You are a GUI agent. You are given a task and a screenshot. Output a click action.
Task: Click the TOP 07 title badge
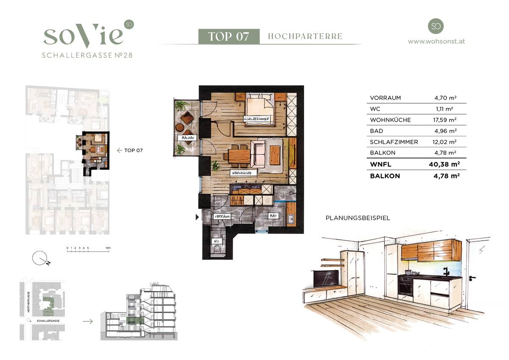(228, 37)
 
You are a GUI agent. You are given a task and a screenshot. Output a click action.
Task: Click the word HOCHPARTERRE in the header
(305, 37)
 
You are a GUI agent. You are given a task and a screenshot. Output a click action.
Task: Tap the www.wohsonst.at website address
(436, 42)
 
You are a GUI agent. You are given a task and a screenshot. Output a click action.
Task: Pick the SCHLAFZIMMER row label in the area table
(394, 142)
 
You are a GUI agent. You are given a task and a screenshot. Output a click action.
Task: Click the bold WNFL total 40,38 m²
(445, 164)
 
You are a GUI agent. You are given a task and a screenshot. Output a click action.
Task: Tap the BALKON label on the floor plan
(187, 138)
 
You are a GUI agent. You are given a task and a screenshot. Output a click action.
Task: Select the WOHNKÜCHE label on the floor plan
(242, 173)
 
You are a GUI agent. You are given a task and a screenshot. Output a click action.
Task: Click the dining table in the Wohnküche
(239, 155)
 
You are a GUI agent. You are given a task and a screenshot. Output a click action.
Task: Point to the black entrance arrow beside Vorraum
(197, 217)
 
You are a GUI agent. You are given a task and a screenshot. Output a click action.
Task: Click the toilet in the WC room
(218, 250)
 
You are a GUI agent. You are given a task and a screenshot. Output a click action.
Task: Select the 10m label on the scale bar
(108, 247)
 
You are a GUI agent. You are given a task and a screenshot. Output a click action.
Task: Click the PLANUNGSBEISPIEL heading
(357, 218)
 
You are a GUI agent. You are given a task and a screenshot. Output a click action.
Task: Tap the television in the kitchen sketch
(326, 278)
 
